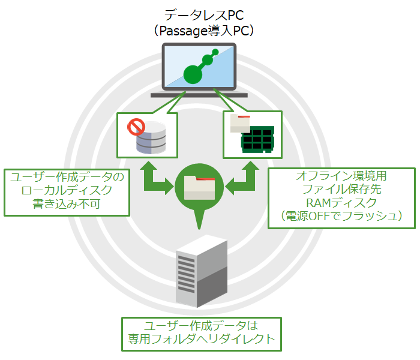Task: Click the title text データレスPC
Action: pos(204,15)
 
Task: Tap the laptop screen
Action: pos(199,67)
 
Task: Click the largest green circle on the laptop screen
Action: pos(193,74)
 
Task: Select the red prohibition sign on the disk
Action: pos(136,127)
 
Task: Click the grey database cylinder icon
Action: pos(151,138)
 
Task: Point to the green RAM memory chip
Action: pos(257,139)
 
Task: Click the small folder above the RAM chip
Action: pos(240,124)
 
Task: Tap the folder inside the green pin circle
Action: pos(199,187)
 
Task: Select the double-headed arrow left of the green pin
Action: pos(156,178)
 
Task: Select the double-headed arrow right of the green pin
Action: pos(242,178)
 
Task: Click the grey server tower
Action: pos(202,271)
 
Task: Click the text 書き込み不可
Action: pos(67,204)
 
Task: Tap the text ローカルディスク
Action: pos(67,190)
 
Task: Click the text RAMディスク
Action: pos(341,203)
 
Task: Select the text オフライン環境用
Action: pos(341,176)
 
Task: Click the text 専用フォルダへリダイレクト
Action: pos(202,339)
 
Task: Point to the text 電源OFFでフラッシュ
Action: pos(342,216)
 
